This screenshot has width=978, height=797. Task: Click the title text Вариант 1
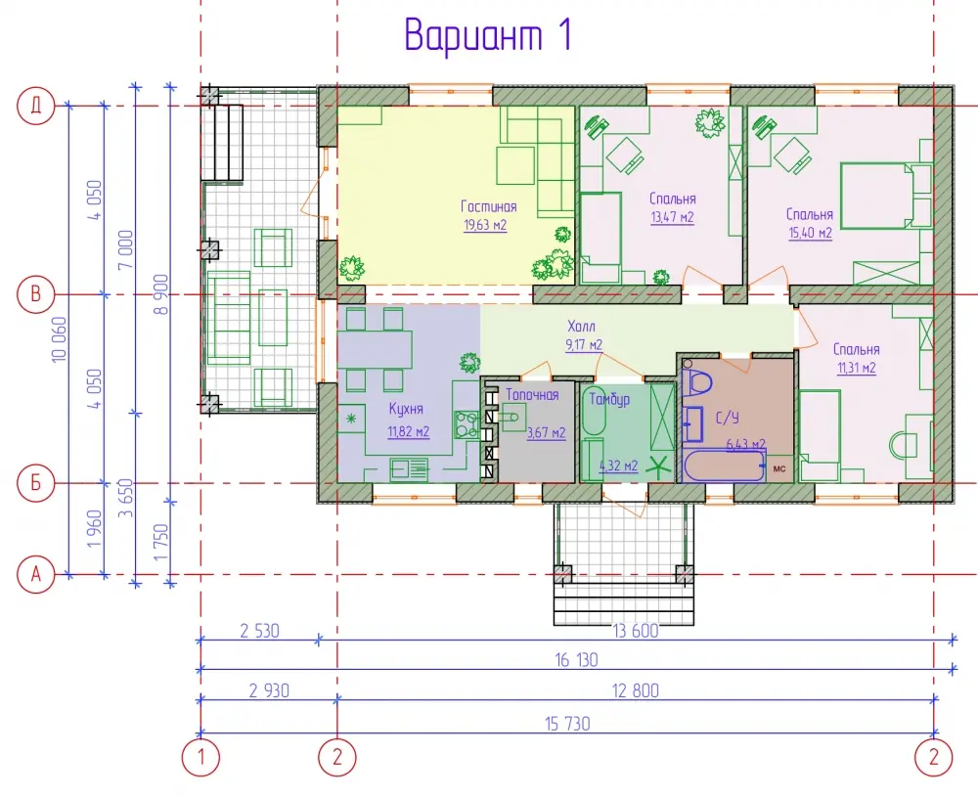pyautogui.click(x=488, y=35)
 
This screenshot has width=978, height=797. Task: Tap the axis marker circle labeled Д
pyautogui.click(x=35, y=106)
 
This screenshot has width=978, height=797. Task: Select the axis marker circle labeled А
pyautogui.click(x=35, y=574)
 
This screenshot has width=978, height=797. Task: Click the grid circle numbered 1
pyautogui.click(x=200, y=758)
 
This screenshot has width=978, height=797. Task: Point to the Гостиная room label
pyautogui.click(x=488, y=206)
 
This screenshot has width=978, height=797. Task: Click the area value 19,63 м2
pyautogui.click(x=485, y=225)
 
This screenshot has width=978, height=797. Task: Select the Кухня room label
pyautogui.click(x=406, y=409)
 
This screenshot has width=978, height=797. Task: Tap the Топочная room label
pyautogui.click(x=532, y=395)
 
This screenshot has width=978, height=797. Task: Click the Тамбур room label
pyautogui.click(x=609, y=400)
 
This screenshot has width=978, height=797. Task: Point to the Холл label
pyautogui.click(x=581, y=327)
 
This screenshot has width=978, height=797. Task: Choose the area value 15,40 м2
pyautogui.click(x=810, y=234)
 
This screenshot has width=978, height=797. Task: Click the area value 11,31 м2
pyautogui.click(x=857, y=368)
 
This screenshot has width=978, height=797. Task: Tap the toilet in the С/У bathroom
pyautogui.click(x=696, y=380)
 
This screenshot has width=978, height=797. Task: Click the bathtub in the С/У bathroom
pyautogui.click(x=724, y=465)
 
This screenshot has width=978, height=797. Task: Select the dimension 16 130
pyautogui.click(x=576, y=660)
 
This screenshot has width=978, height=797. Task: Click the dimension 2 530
pyautogui.click(x=259, y=631)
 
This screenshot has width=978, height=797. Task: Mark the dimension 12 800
pyautogui.click(x=635, y=691)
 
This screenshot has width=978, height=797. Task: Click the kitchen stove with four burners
pyautogui.click(x=466, y=424)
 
